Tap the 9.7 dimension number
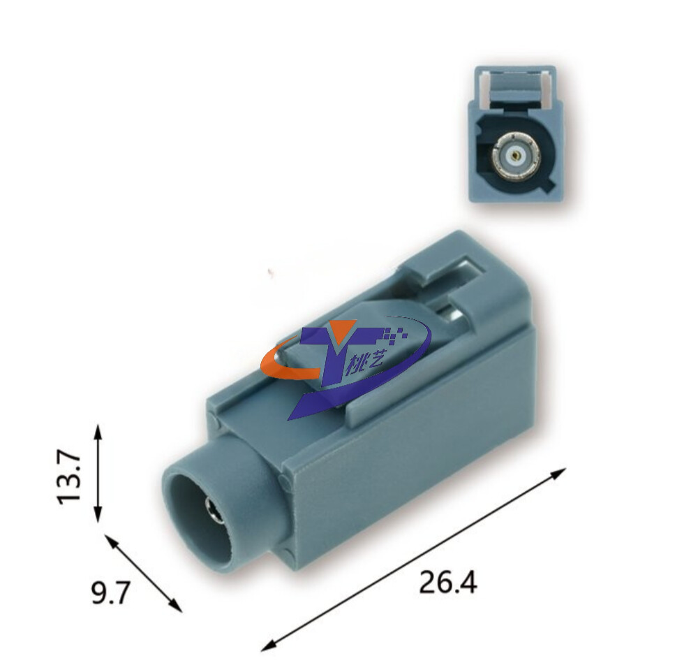(x=111, y=593)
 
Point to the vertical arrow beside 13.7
(x=98, y=473)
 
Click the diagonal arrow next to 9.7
(x=144, y=574)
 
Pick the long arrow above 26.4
(x=413, y=560)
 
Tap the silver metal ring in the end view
(x=517, y=156)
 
